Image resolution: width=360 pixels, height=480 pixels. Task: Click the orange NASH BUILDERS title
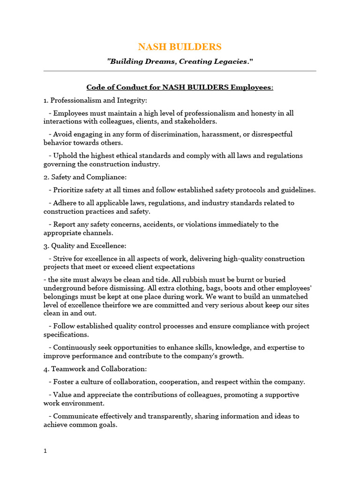[180, 47]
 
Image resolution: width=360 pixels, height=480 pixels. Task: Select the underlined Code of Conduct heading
[180, 88]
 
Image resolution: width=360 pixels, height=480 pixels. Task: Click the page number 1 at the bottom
[45, 451]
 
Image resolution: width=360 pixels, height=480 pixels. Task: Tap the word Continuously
[77, 348]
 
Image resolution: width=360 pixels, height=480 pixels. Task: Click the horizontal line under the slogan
[180, 71]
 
